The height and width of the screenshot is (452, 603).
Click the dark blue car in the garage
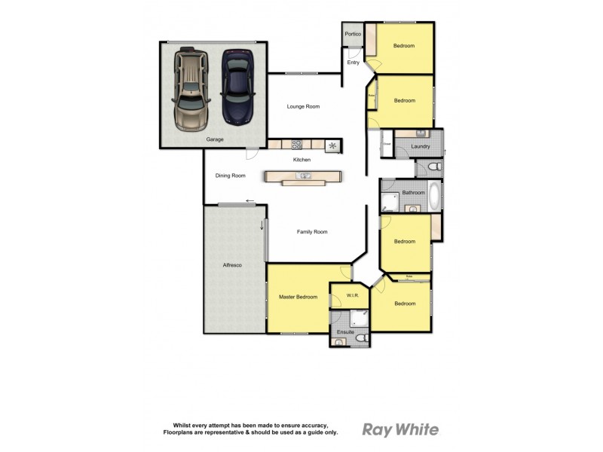(x=237, y=87)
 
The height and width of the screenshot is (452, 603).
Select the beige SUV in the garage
(x=191, y=89)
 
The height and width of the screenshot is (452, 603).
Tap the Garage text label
(x=215, y=140)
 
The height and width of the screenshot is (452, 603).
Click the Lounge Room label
(x=303, y=107)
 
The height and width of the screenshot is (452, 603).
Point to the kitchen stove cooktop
(x=297, y=144)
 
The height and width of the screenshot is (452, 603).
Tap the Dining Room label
(x=231, y=176)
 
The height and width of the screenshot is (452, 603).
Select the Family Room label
(x=312, y=232)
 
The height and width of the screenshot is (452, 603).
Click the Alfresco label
(x=231, y=265)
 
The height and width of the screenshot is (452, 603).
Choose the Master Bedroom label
(x=298, y=297)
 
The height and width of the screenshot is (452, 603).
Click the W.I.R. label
(x=350, y=295)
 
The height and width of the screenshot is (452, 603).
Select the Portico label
(x=352, y=35)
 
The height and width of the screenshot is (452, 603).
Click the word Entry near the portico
(x=353, y=63)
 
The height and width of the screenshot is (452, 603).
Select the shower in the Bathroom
(x=390, y=201)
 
